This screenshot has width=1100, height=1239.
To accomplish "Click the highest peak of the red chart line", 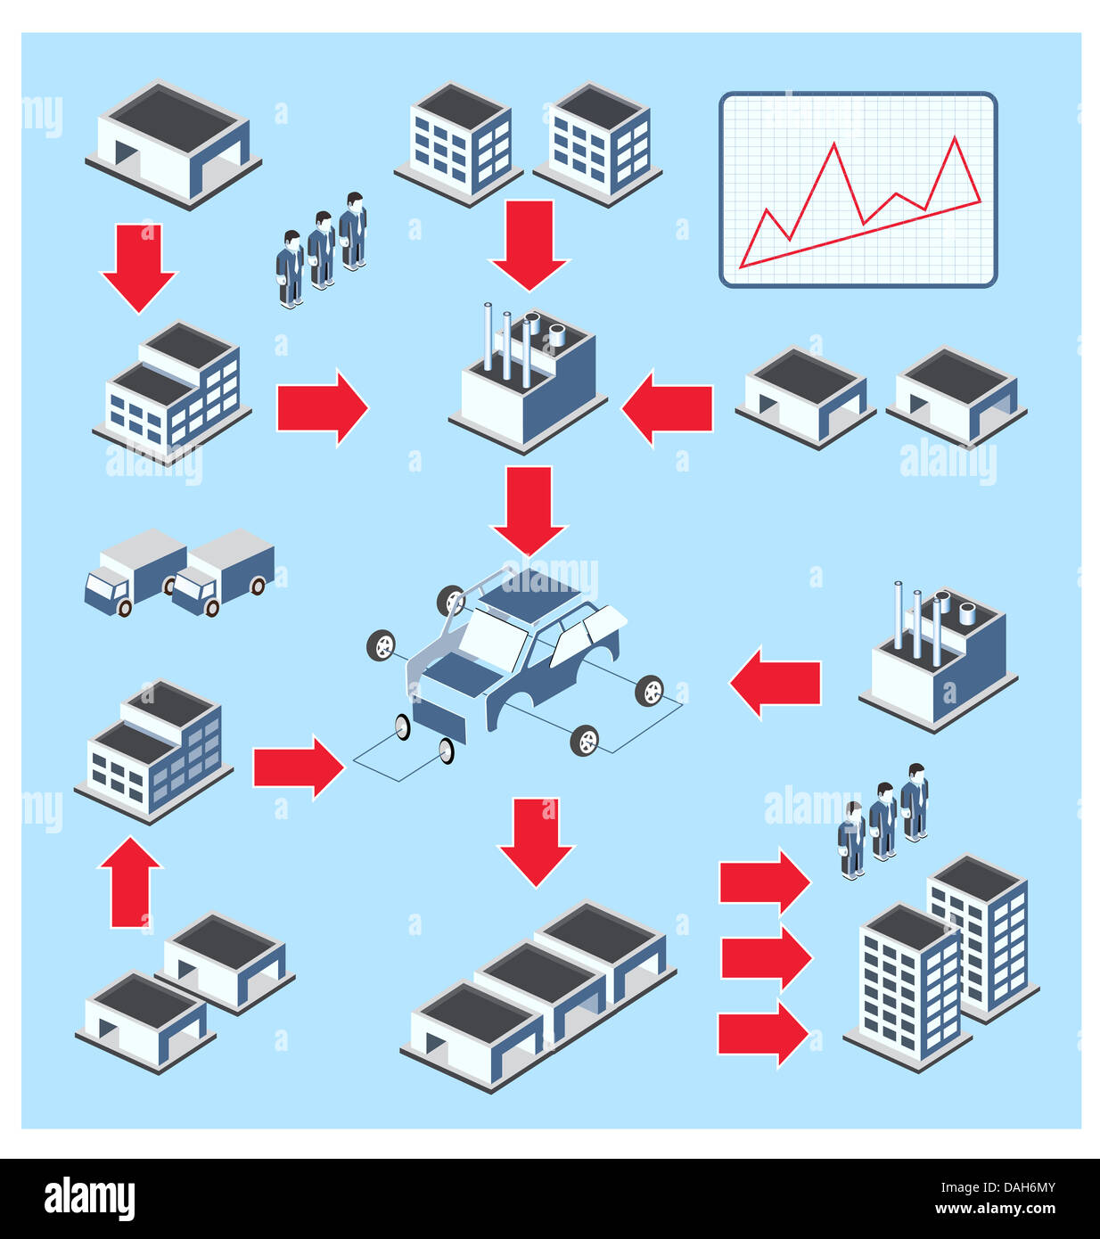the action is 955,138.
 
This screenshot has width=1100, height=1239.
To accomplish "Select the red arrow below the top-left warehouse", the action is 139,267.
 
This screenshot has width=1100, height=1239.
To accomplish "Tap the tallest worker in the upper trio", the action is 354,230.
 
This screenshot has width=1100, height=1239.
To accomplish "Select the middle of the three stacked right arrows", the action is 765,958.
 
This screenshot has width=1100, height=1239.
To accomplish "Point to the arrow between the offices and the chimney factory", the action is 529,243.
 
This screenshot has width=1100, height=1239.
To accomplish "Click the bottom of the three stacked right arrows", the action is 763,1034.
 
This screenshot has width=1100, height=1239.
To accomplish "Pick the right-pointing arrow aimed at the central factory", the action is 322,407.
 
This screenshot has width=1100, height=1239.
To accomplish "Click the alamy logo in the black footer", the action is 89,1198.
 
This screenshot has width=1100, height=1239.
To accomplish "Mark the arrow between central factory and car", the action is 529,509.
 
